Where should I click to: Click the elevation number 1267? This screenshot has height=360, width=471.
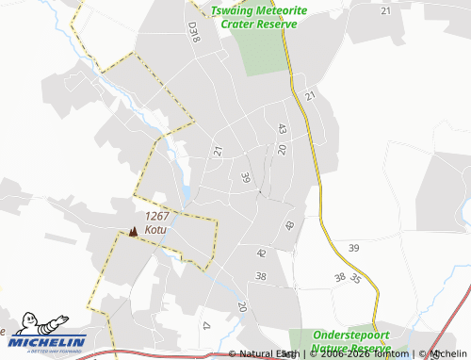(157, 216)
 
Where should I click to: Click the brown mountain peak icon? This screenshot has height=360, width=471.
(133, 231)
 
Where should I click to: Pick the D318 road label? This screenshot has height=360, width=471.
(193, 33)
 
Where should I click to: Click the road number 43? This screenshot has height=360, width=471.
(282, 128)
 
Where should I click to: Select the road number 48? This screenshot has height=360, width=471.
(289, 226)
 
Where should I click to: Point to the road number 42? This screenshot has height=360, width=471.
(261, 254)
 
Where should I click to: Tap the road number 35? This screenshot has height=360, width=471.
(355, 279)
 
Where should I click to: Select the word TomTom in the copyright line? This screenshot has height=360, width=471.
(391, 354)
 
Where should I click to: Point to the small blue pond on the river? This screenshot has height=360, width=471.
(187, 195)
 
